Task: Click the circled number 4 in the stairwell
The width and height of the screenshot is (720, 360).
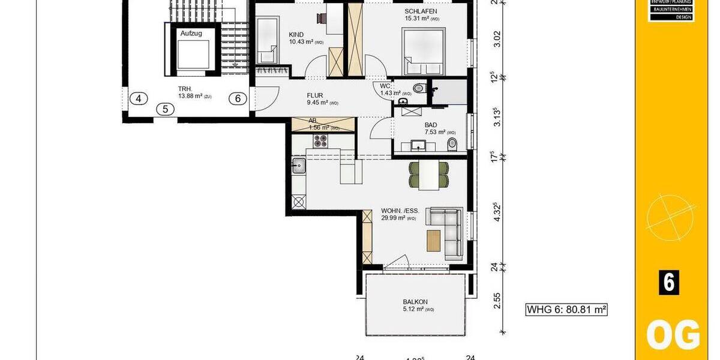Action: (x=139, y=99)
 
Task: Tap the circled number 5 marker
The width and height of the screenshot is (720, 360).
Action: (x=165, y=109)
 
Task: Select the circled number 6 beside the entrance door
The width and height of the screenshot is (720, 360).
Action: (x=238, y=99)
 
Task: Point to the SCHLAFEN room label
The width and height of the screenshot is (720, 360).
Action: (x=420, y=11)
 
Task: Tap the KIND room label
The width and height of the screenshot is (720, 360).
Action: (x=296, y=34)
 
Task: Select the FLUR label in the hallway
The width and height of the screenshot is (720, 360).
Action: (x=315, y=95)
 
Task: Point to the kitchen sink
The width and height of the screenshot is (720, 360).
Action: (x=299, y=165)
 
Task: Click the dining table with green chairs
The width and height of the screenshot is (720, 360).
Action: (x=429, y=175)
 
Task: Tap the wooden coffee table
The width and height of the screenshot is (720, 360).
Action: (x=434, y=241)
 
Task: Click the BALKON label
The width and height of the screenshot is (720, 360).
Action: (x=415, y=302)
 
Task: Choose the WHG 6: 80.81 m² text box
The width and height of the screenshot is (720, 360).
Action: (x=566, y=310)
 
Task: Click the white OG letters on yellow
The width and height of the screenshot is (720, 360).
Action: (x=672, y=335)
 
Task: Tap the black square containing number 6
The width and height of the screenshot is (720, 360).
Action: (x=668, y=282)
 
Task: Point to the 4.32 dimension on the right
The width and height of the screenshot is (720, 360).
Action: (x=496, y=213)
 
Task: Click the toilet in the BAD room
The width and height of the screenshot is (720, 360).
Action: (x=452, y=144)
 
